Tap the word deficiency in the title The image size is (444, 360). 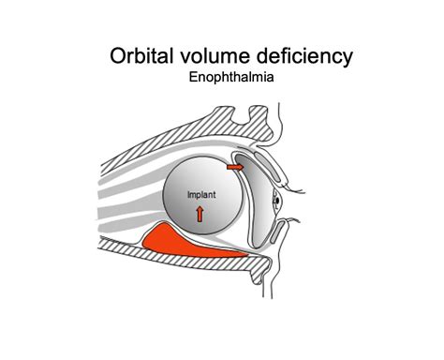coord(305,56)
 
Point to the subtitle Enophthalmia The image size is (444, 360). coord(230,79)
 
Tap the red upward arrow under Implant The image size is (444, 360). coord(200,213)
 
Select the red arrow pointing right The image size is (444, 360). coord(236,167)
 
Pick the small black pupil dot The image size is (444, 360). coord(276,199)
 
